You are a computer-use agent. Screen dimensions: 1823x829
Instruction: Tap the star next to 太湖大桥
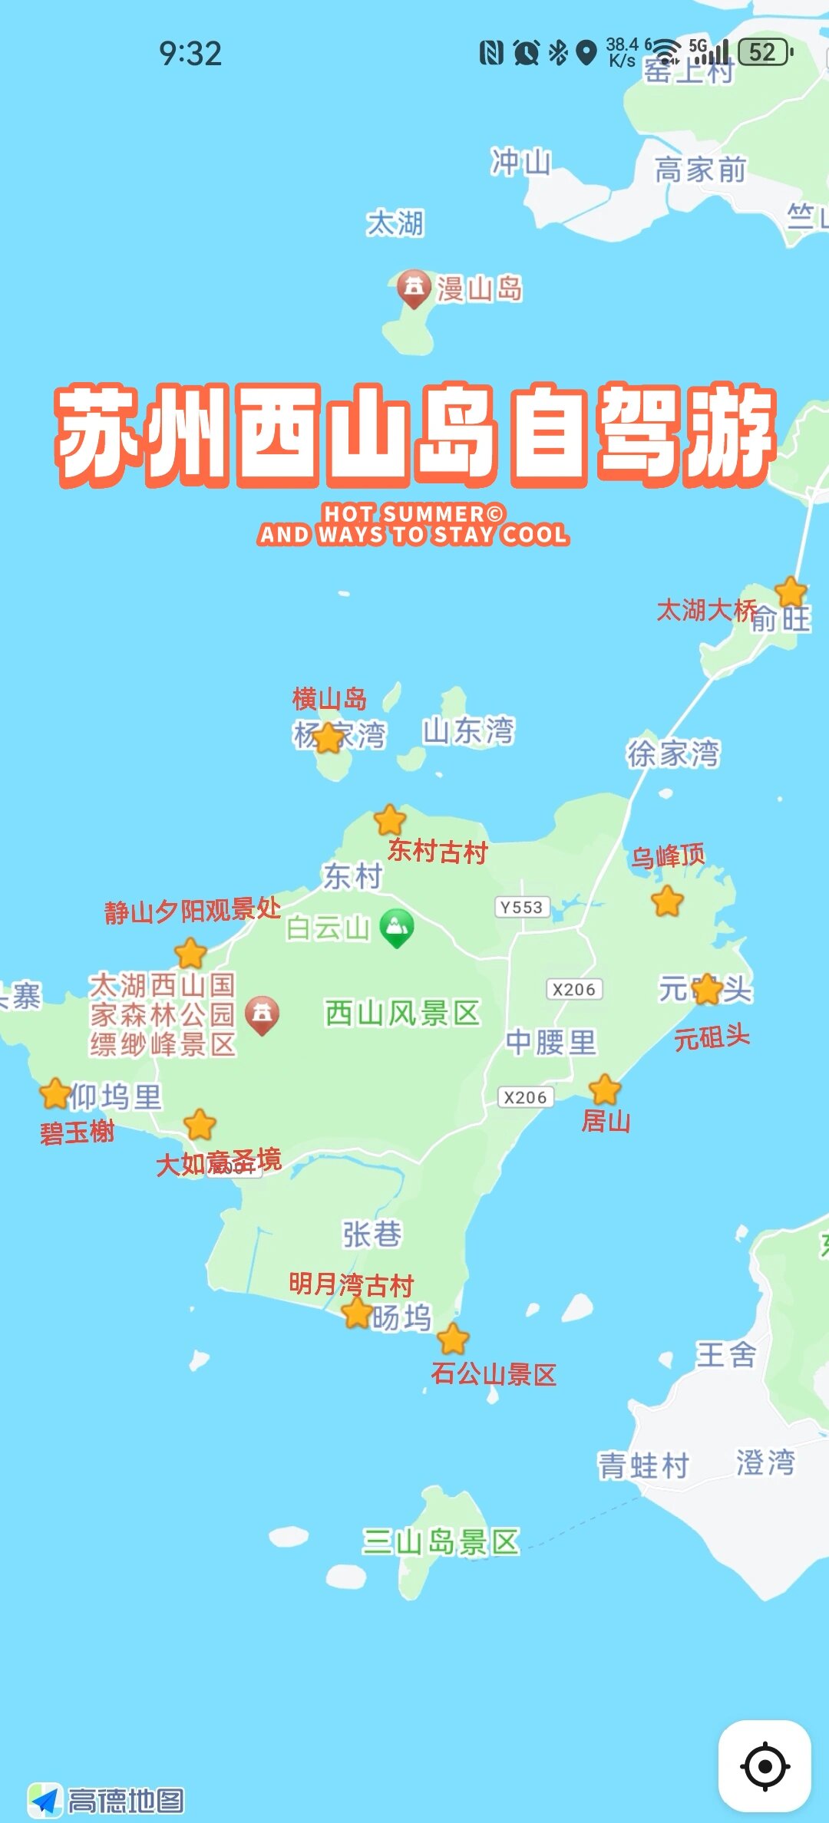(x=791, y=592)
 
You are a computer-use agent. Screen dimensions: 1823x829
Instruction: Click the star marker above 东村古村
(x=390, y=819)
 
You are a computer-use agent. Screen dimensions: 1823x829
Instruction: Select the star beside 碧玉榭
(x=55, y=1093)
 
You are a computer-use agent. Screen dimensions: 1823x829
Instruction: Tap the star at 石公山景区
(x=453, y=1339)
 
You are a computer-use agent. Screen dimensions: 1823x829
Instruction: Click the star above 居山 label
(x=605, y=1090)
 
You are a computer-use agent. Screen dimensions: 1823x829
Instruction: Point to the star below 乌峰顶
(x=667, y=901)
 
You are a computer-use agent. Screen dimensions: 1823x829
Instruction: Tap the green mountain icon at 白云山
(x=396, y=927)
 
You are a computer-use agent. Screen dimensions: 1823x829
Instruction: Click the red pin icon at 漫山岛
(x=414, y=288)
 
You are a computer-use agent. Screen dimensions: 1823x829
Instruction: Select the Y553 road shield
(x=522, y=907)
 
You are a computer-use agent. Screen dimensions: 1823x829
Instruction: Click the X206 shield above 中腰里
(x=574, y=989)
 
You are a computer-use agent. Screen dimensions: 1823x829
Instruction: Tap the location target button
(x=765, y=1766)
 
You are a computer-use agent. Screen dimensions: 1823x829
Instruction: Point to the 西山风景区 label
(x=402, y=1013)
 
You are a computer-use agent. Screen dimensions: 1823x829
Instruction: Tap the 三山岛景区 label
(x=441, y=1541)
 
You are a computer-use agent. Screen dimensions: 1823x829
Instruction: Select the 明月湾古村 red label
(x=351, y=1284)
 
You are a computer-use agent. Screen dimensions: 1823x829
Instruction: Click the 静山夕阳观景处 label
(x=193, y=910)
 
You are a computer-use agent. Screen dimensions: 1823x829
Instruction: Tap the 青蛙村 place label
(x=643, y=1465)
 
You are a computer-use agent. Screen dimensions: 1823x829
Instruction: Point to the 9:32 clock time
(x=190, y=54)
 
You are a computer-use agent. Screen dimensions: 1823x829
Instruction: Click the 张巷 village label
(x=372, y=1235)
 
